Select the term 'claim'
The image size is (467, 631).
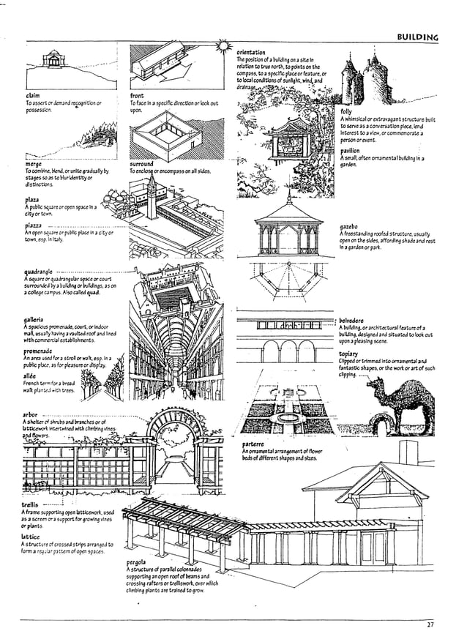(33, 95)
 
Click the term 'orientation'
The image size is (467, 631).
(251, 52)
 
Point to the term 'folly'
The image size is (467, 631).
(345, 111)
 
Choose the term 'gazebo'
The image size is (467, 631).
(348, 227)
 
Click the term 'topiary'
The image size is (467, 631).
(348, 354)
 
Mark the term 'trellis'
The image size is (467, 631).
(31, 505)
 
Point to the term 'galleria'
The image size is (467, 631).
(34, 320)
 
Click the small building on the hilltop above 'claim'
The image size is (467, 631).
(53, 59)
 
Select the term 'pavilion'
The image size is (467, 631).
(350, 150)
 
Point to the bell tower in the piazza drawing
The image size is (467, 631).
(150, 194)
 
